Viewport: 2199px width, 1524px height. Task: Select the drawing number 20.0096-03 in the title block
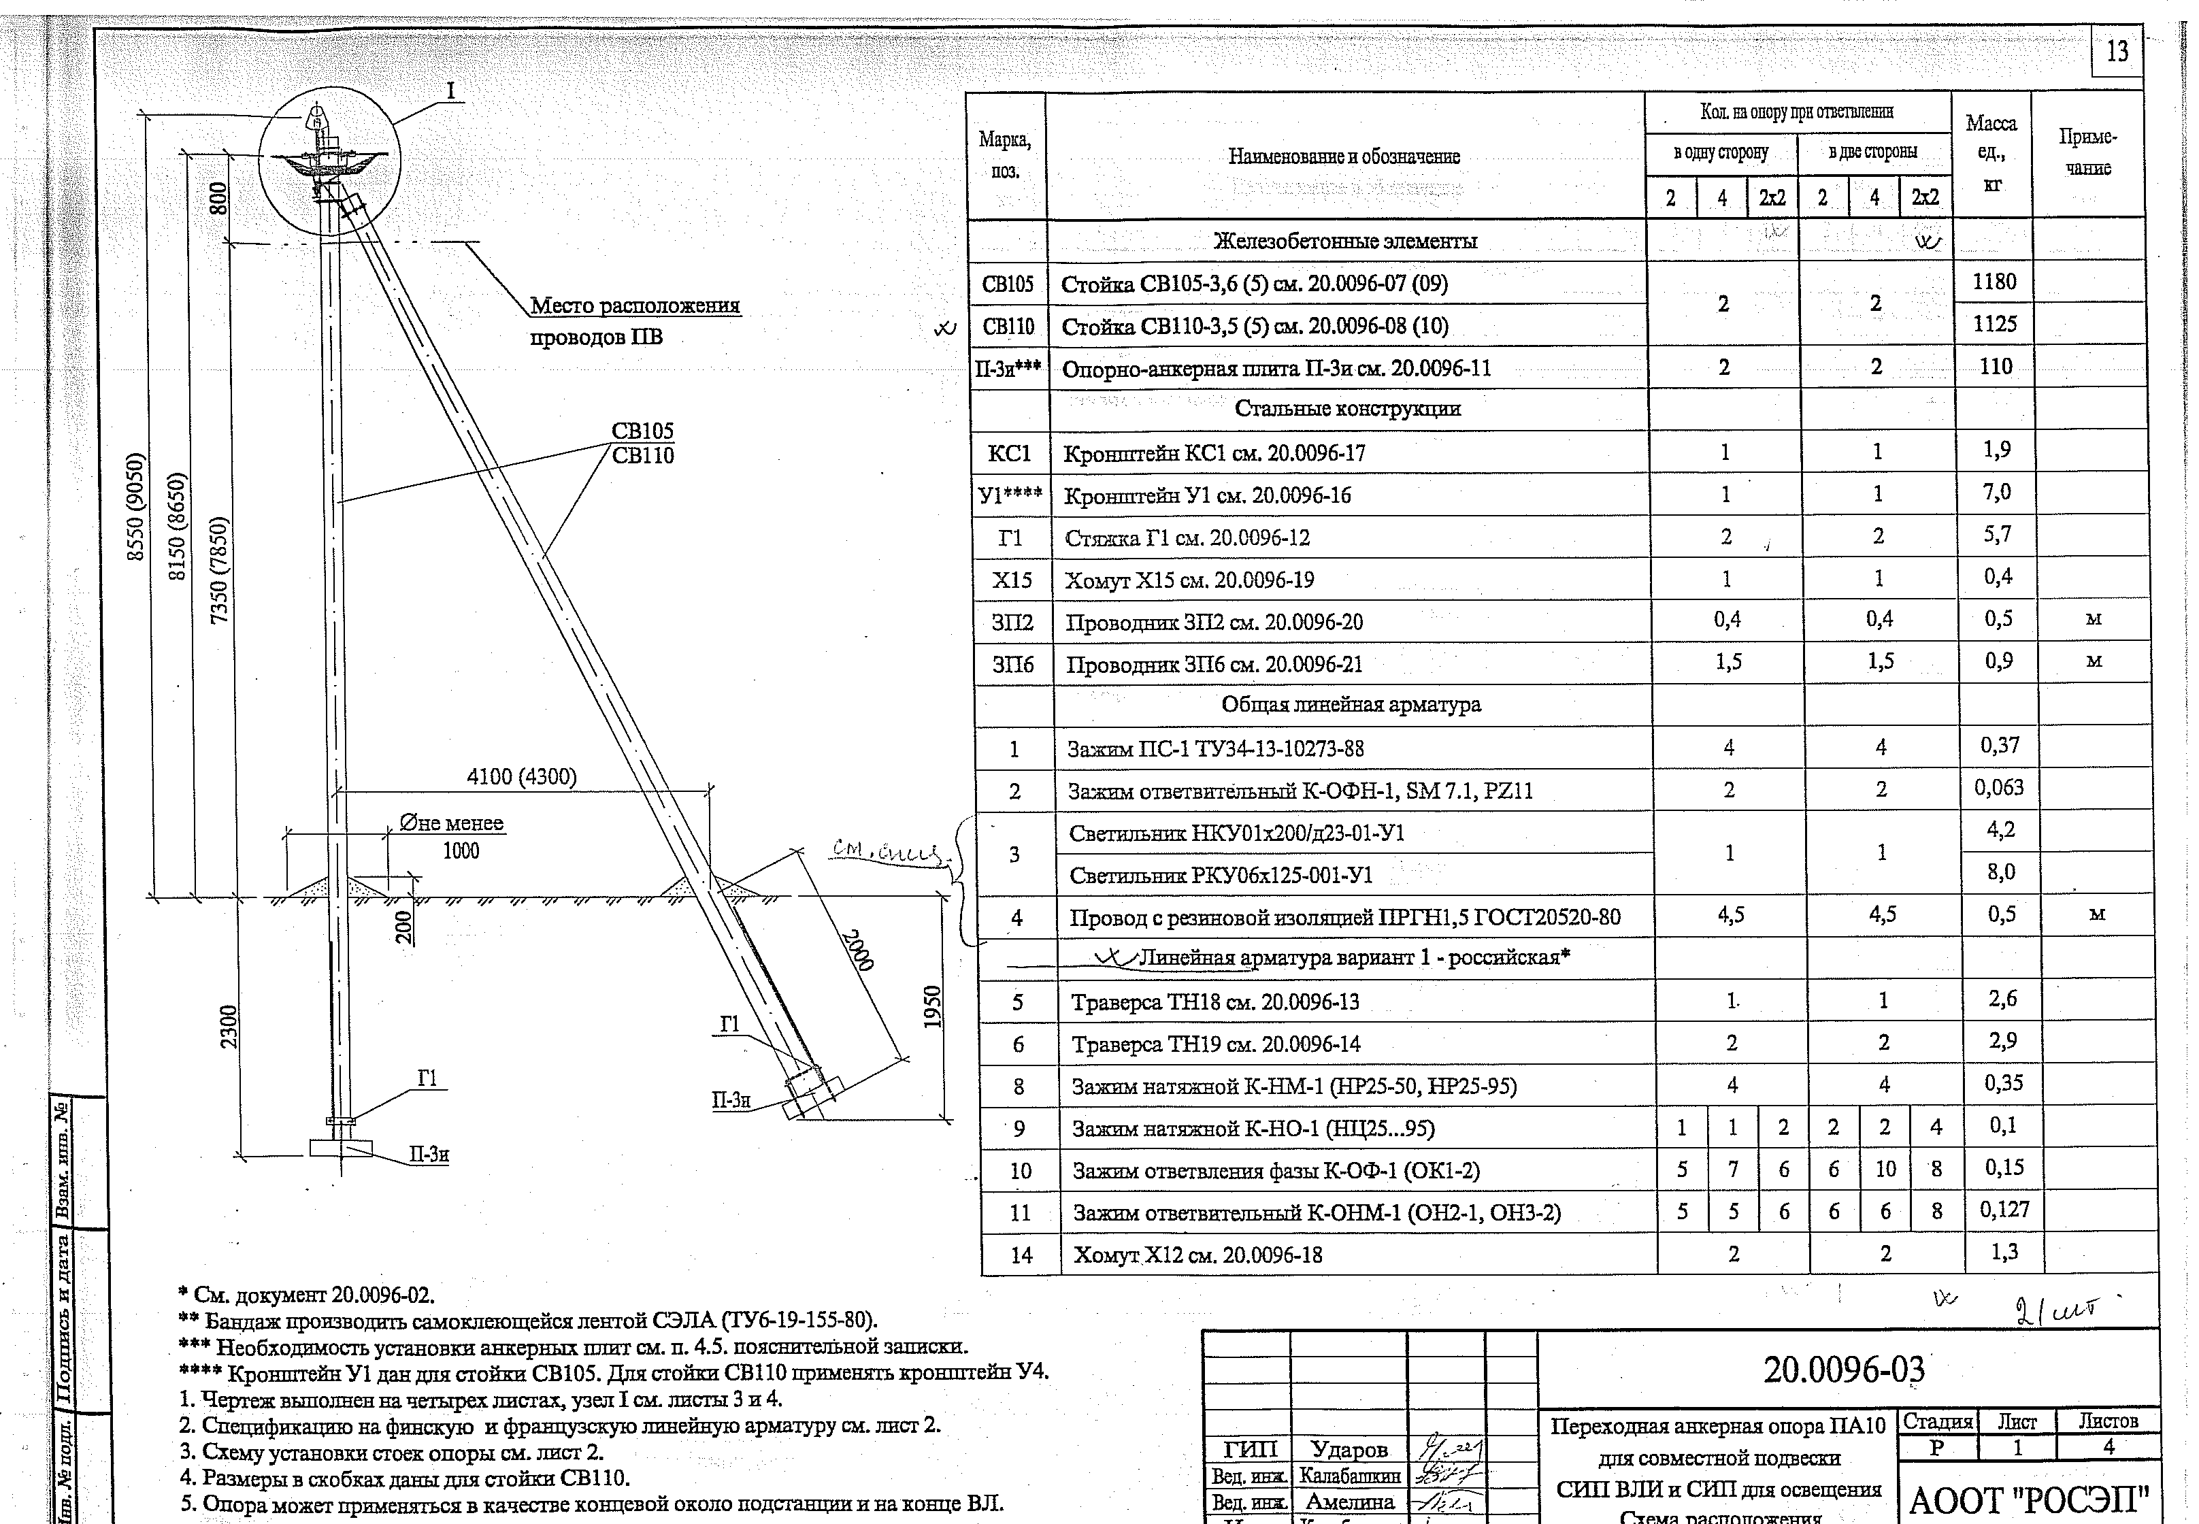pos(1844,1370)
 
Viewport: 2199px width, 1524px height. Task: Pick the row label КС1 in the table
pos(1009,452)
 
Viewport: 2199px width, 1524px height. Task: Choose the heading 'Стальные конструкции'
pos(1347,409)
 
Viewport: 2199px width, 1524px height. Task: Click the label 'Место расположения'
pos(635,305)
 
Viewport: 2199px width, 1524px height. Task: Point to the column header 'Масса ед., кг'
pos(1991,153)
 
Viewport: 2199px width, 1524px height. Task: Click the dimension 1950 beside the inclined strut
pos(933,1008)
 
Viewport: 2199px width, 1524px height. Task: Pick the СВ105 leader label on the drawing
pos(642,431)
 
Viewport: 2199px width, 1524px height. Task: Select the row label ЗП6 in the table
pos(1013,663)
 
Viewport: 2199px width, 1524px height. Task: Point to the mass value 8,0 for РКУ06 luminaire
pos(2000,872)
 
